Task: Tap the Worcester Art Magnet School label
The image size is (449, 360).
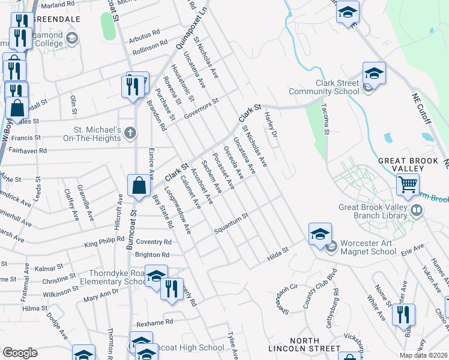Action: [x=368, y=247]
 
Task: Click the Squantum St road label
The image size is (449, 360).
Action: [x=232, y=223]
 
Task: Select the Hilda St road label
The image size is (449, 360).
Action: [x=278, y=254]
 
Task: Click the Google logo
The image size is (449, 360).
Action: [x=20, y=353]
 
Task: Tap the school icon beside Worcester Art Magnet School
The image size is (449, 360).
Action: [x=321, y=234]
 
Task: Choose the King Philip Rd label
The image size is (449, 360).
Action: [x=104, y=243]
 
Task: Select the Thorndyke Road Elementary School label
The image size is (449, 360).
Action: [x=114, y=277]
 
